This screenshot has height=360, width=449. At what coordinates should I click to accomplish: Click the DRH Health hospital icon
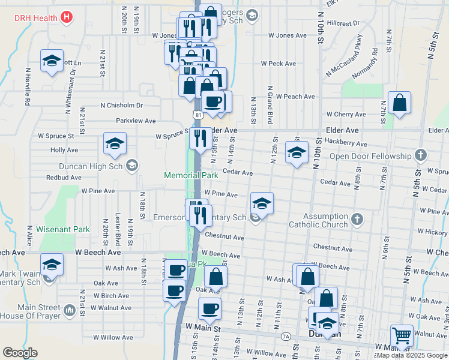[67, 17]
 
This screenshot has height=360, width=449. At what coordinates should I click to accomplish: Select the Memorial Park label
[191, 175]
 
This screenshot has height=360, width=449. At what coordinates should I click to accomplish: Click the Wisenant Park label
[62, 229]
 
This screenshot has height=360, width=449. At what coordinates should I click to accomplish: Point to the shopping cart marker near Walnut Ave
[401, 336]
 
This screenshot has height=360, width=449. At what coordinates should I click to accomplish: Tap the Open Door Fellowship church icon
[421, 156]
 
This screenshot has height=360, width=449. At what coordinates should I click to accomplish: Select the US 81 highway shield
[197, 113]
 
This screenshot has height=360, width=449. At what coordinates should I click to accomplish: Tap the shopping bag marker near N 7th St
[399, 103]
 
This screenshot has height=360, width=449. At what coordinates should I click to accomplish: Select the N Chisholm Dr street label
[122, 105]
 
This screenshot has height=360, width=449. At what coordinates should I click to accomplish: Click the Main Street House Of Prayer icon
[69, 310]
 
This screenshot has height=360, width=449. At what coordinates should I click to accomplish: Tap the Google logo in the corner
[20, 353]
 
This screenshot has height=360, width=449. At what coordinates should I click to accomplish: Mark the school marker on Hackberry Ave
[297, 152]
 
